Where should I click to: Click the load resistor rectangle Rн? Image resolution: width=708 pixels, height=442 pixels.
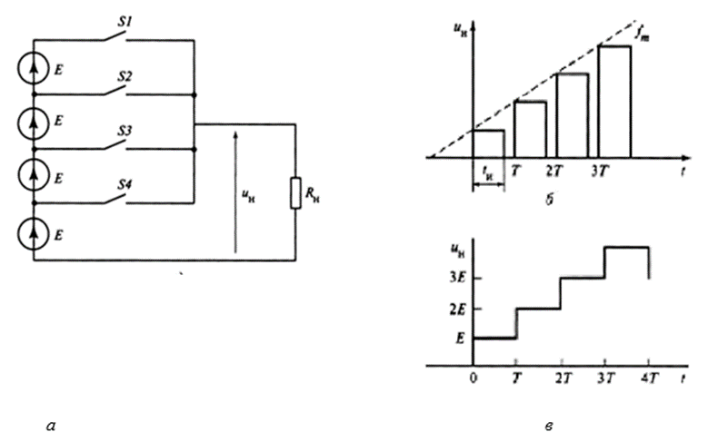click(295, 193)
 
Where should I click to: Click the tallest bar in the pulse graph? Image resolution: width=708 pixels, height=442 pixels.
click(614, 101)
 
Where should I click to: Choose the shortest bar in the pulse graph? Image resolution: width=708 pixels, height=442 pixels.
click(489, 143)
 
